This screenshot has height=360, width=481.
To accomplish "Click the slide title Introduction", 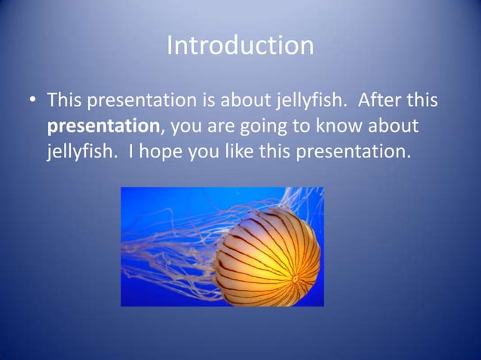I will point(240,46).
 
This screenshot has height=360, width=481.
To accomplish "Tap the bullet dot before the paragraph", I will point(32,100).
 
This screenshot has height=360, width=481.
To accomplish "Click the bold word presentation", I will point(103,126).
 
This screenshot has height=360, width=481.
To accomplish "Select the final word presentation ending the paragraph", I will point(354,152).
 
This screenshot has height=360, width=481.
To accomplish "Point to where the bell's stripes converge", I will point(295,279).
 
